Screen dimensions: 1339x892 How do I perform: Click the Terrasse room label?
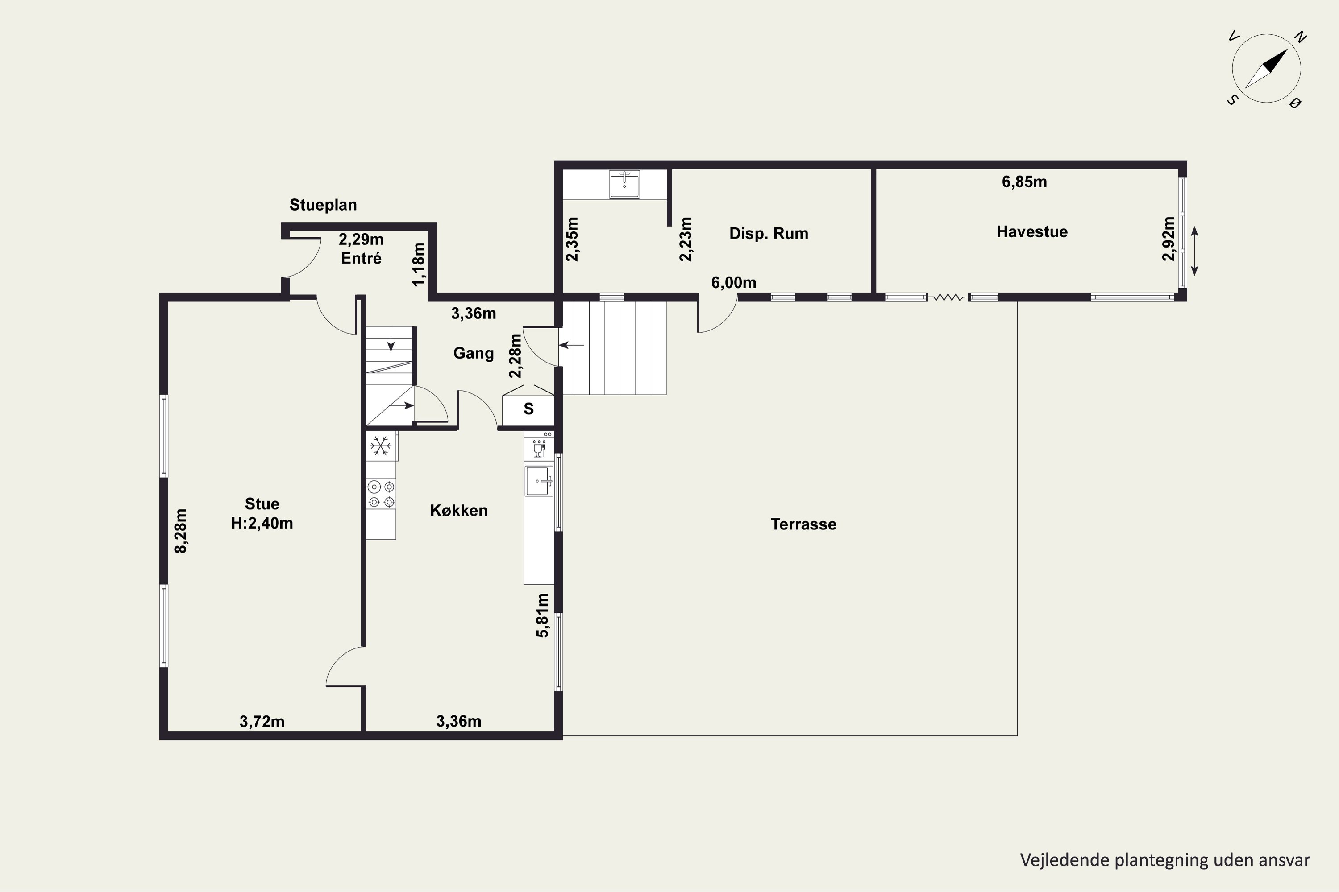click(x=803, y=524)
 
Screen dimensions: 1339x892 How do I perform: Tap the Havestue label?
click(x=1031, y=231)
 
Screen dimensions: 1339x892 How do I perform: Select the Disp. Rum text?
click(x=769, y=233)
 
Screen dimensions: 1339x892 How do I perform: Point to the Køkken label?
click(x=459, y=510)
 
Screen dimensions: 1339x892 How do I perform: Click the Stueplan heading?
click(x=323, y=205)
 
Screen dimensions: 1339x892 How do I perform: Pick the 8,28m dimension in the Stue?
click(x=180, y=531)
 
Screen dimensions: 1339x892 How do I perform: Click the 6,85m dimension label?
click(x=1024, y=182)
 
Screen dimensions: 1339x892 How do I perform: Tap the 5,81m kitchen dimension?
click(x=543, y=615)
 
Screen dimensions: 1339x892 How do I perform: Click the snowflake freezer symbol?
click(x=380, y=446)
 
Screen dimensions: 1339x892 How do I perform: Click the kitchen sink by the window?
click(x=539, y=481)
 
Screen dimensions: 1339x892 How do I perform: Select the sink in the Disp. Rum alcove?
click(x=624, y=184)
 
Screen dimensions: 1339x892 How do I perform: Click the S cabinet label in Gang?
click(x=528, y=409)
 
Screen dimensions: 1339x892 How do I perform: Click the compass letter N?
click(x=1300, y=37)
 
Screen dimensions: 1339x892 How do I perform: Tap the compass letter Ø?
click(x=1295, y=103)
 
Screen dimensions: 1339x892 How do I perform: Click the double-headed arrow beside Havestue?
click(x=1194, y=251)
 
